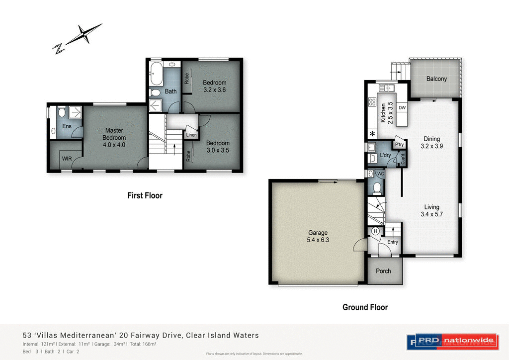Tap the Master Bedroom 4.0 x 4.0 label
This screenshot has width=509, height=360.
click(x=114, y=138)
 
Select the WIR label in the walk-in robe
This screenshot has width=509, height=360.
click(x=67, y=159)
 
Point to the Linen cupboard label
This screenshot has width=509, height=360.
click(x=191, y=135)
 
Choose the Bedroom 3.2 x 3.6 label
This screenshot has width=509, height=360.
click(x=214, y=87)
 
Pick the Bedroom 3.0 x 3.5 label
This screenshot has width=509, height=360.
click(x=218, y=147)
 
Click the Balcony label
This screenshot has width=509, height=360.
click(x=436, y=79)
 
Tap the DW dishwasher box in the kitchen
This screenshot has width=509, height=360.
click(x=402, y=107)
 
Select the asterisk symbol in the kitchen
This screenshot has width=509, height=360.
click(x=372, y=134)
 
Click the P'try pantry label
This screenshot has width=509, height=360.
click(x=399, y=145)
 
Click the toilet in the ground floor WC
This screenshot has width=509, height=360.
click(x=377, y=187)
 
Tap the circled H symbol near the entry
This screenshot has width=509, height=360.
click(x=375, y=231)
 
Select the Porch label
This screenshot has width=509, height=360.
click(x=383, y=271)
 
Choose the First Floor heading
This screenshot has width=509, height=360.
click(x=145, y=195)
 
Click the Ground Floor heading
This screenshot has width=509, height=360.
click(x=365, y=307)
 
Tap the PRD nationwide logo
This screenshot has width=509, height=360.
click(x=451, y=341)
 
